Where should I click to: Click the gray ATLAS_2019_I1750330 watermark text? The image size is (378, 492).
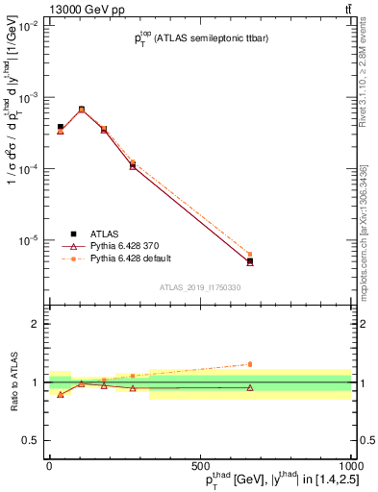pos(199,286)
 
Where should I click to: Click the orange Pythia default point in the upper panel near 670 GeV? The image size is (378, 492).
pos(250,255)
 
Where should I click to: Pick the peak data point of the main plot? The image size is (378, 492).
pos(82,110)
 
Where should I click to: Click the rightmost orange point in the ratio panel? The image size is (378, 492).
pos(250,364)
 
